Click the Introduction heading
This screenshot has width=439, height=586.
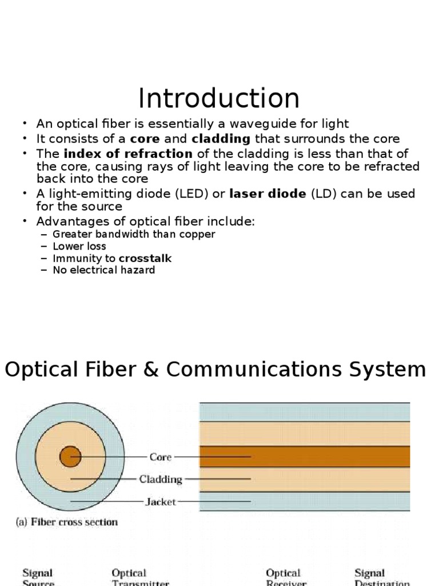pyautogui.click(x=219, y=98)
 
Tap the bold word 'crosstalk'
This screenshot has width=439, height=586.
pyautogui.click(x=145, y=258)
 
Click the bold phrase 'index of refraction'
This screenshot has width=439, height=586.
pyautogui.click(x=128, y=153)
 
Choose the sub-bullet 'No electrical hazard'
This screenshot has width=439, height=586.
pyautogui.click(x=103, y=270)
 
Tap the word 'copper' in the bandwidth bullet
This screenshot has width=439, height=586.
pyautogui.click(x=197, y=234)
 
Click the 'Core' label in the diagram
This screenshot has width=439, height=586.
pyautogui.click(x=161, y=457)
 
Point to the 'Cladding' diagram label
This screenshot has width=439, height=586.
pyautogui.click(x=161, y=479)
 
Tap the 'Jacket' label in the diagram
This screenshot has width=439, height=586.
pyautogui.click(x=161, y=502)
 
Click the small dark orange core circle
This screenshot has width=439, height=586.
pyautogui.click(x=70, y=457)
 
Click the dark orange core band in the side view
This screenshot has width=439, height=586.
pyautogui.click(x=332, y=457)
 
